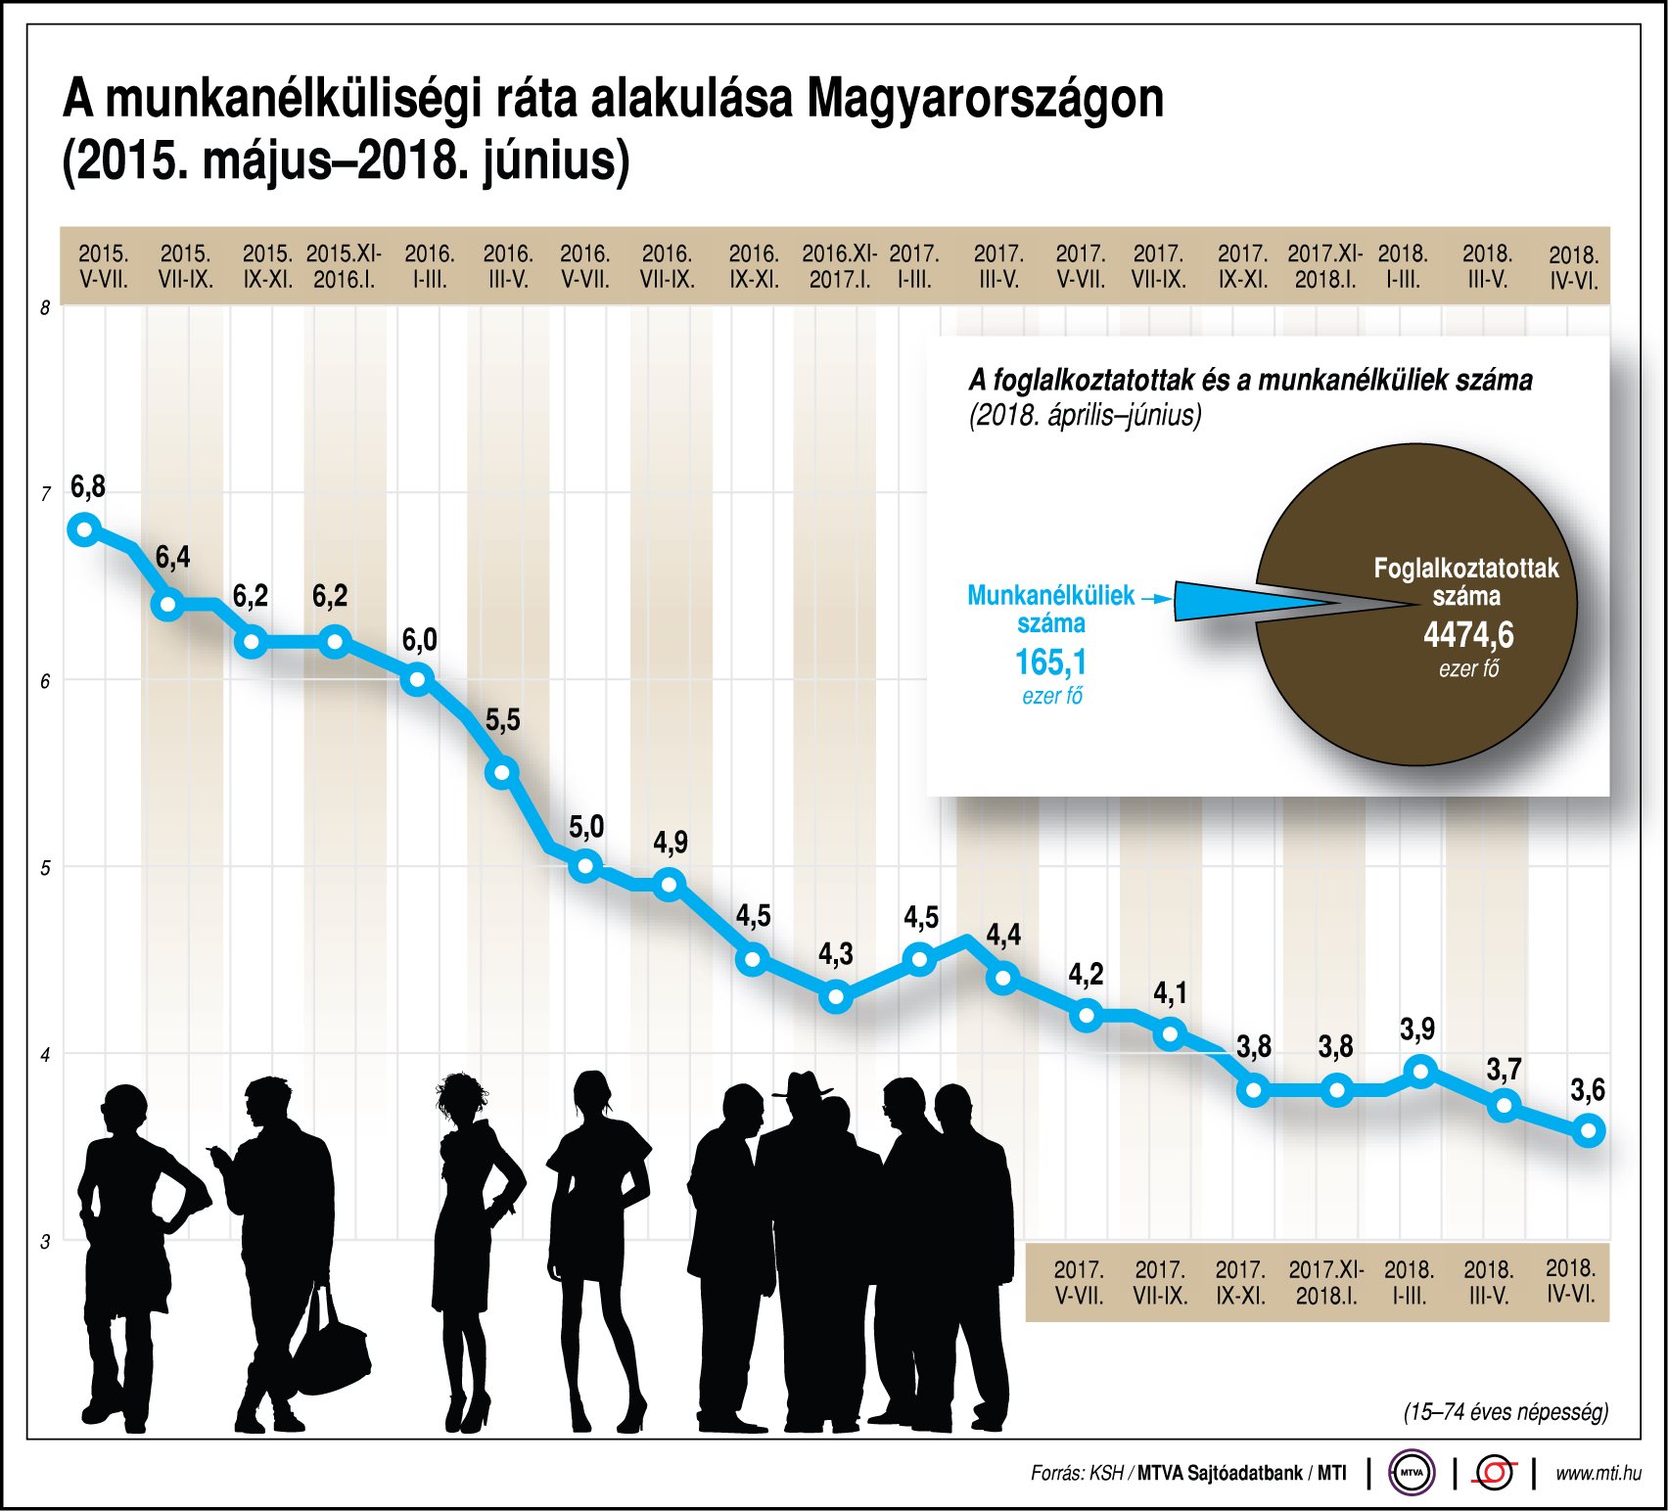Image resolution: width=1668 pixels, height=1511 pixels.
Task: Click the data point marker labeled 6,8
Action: click(x=85, y=529)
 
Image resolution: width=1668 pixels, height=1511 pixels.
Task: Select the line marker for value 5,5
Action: click(x=502, y=772)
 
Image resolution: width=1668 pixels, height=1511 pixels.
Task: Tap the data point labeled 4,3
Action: click(x=836, y=997)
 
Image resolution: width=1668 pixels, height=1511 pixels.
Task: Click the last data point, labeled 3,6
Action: click(x=1588, y=1131)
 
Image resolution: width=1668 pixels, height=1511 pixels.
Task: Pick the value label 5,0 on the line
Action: click(x=586, y=827)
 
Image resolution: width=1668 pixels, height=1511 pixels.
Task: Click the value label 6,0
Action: click(x=420, y=640)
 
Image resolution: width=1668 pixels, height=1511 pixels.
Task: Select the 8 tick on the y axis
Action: click(x=45, y=308)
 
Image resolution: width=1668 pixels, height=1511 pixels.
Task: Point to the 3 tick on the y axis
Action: click(x=45, y=1242)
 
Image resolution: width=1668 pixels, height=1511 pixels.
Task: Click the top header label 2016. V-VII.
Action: click(x=585, y=266)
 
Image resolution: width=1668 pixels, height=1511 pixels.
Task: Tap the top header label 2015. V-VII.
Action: click(x=104, y=266)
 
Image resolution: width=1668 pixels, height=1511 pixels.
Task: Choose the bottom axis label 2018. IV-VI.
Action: click(x=1571, y=1281)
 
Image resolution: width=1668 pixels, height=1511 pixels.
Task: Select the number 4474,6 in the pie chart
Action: click(x=1468, y=636)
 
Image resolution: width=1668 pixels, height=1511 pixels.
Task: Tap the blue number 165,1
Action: click(x=1050, y=663)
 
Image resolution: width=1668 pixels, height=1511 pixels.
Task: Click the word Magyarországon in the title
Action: click(x=986, y=100)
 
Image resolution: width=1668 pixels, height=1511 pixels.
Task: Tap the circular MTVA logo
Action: click(x=1412, y=1472)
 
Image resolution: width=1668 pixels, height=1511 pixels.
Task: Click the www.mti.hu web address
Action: click(x=1598, y=1472)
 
